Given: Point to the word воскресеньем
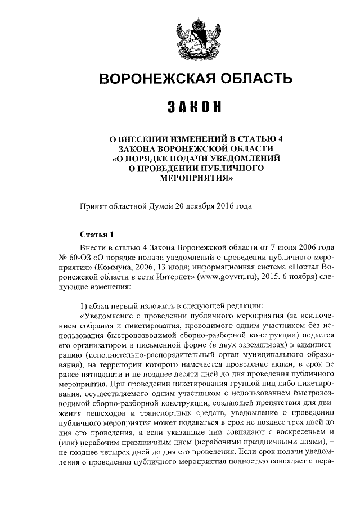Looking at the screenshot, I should (304, 431).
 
